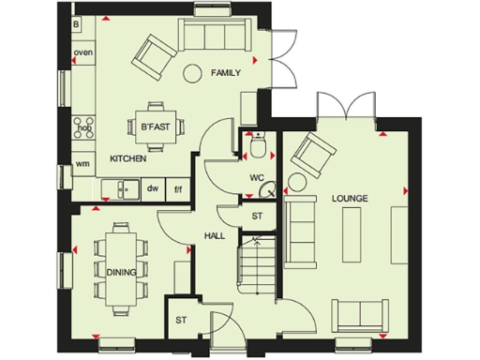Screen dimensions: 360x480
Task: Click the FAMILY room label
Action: click(226, 72)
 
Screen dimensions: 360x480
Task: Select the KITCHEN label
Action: click(128, 158)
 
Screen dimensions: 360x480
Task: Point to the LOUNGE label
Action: click(349, 199)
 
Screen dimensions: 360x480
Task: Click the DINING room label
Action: click(121, 273)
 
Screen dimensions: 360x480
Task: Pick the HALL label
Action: click(215, 235)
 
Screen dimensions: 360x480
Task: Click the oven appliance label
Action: click(82, 52)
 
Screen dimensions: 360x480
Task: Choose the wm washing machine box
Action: click(82, 165)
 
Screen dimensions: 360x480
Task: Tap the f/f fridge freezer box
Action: click(177, 189)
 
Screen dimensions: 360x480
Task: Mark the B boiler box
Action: click(76, 22)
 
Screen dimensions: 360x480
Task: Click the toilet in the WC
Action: click(258, 145)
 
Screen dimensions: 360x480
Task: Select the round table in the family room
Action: click(193, 70)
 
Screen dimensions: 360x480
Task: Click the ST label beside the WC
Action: click(257, 216)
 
